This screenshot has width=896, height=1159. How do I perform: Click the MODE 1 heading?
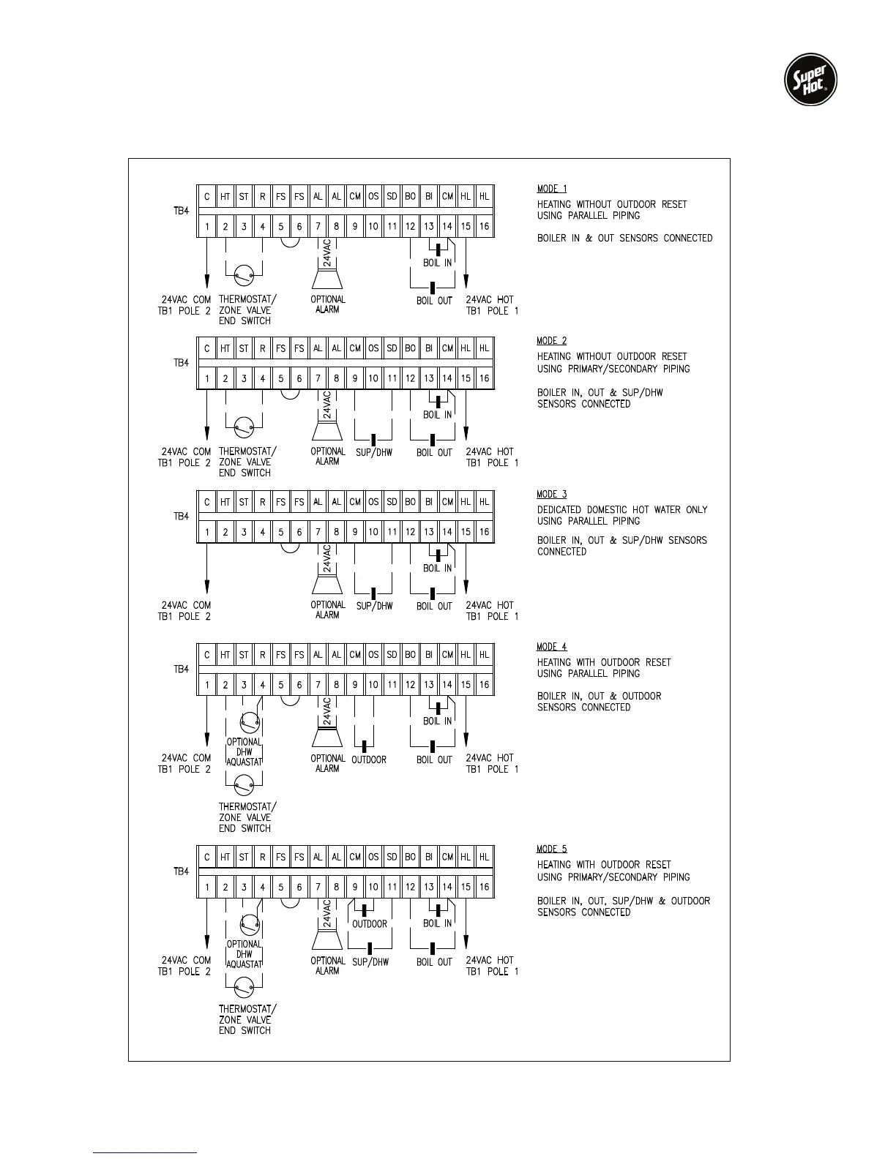tap(552, 189)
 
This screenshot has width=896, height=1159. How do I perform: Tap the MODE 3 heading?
tap(552, 495)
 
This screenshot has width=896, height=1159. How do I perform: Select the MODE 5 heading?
tap(552, 849)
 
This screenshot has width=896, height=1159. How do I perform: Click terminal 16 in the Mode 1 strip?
tap(484, 227)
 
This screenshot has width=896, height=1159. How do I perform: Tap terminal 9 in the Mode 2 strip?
tap(355, 378)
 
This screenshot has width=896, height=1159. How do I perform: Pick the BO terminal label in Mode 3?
tap(410, 502)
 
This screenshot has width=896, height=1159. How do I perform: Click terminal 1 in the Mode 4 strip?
tap(207, 685)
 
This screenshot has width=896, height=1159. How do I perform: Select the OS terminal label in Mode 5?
tap(373, 857)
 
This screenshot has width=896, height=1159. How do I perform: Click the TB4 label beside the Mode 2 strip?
tap(182, 363)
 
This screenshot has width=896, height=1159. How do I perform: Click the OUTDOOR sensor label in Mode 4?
tap(369, 759)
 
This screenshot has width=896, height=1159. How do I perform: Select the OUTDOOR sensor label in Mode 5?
tap(370, 923)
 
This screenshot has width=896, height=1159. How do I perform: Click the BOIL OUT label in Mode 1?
tap(434, 300)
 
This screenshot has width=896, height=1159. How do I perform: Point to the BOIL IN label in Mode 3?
tap(438, 568)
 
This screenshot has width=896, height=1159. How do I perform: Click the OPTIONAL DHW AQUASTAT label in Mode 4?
tap(244, 751)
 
